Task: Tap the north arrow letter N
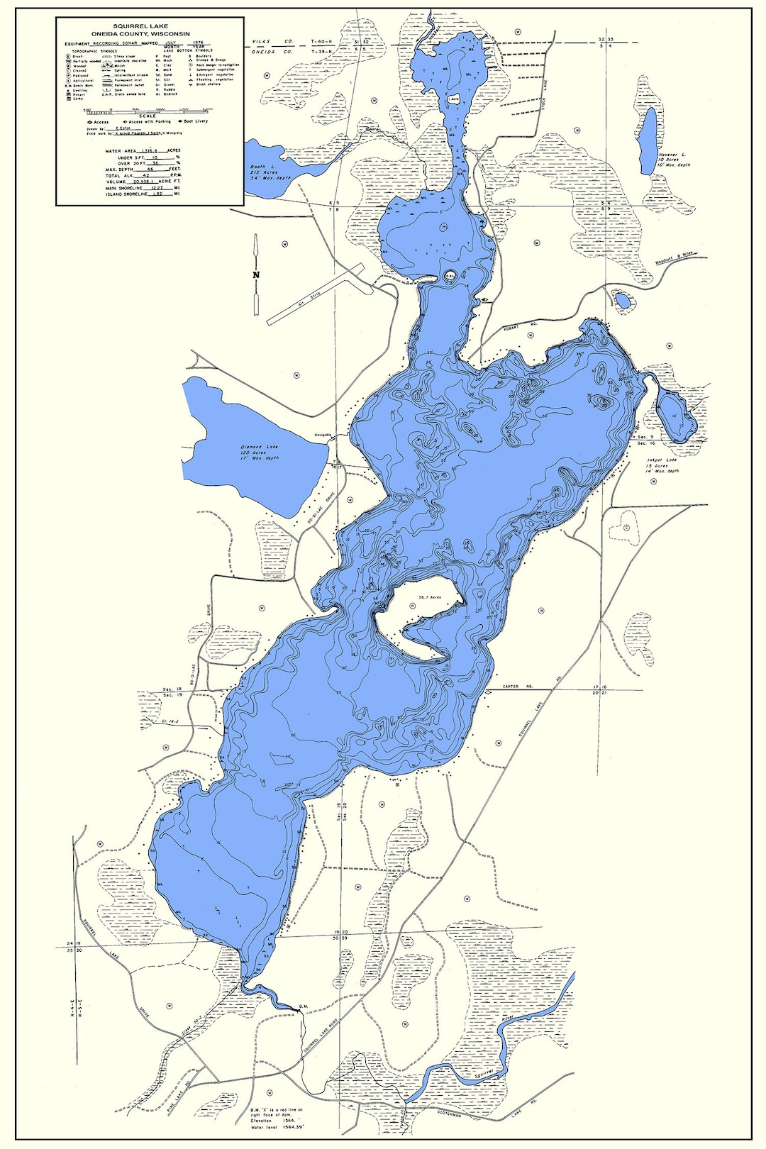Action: [x=256, y=276]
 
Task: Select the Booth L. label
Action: [x=258, y=167]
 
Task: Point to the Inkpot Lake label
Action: [x=662, y=460]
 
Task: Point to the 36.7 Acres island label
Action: [x=429, y=597]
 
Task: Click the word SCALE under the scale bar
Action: [x=148, y=116]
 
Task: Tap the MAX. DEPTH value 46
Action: [x=150, y=169]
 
